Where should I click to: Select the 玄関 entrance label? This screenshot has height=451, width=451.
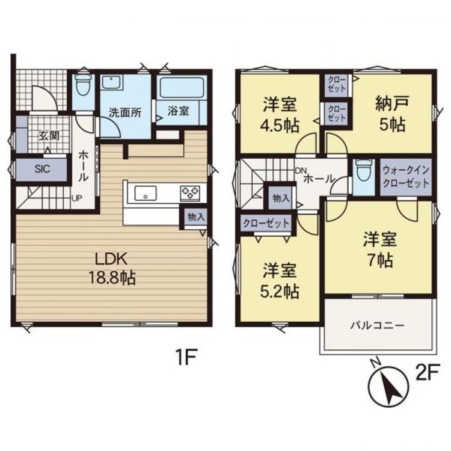[49, 135]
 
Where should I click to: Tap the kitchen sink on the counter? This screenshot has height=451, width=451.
[145, 193]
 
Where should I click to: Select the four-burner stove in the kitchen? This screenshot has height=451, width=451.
[191, 193]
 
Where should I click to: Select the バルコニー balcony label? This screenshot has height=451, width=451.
[378, 325]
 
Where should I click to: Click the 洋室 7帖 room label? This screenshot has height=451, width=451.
[379, 250]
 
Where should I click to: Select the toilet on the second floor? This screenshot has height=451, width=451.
[363, 174]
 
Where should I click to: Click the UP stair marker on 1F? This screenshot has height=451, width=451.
[77, 197]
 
